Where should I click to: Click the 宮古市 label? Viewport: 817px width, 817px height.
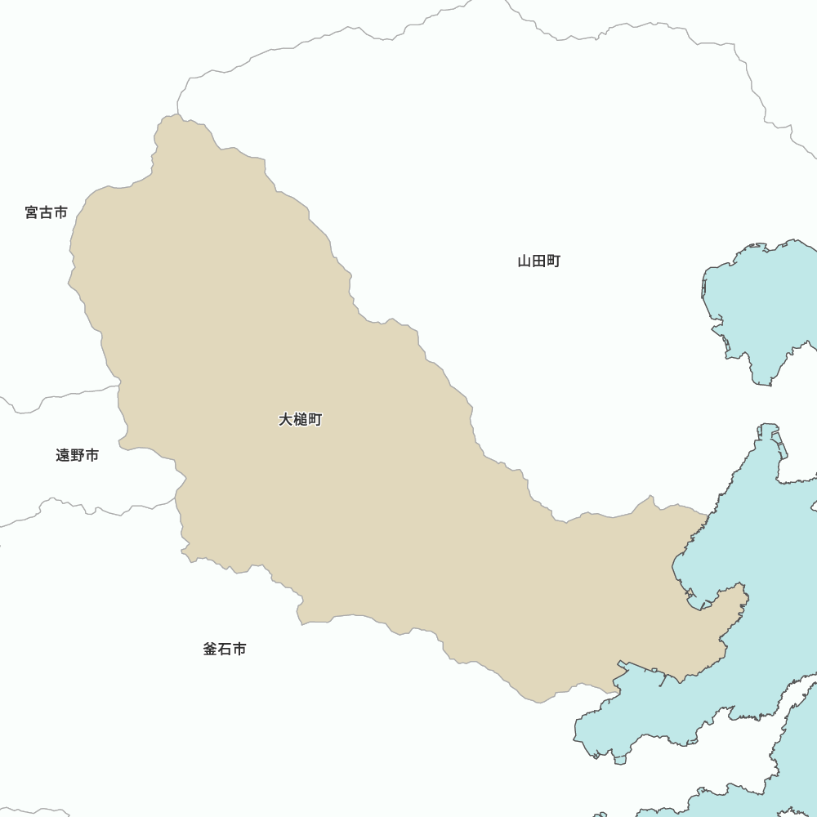pos(46,212)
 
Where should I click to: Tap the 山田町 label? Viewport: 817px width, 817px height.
pos(539,261)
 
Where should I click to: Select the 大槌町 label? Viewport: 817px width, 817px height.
pos(301,420)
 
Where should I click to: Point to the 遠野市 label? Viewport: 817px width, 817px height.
pos(78,455)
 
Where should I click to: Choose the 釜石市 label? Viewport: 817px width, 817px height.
pos(225,650)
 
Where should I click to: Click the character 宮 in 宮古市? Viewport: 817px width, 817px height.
pos(32,212)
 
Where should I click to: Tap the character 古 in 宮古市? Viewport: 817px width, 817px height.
pos(46,212)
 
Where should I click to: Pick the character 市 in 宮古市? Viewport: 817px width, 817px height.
pos(60,212)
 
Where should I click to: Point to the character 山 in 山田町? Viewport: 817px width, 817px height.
pos(525,261)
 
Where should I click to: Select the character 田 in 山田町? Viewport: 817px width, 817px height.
pos(539,261)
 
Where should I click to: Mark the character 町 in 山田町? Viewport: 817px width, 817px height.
pos(554,261)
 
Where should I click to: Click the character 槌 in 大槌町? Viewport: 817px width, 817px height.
pos(301,420)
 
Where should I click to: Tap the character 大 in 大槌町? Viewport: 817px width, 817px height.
pos(286,420)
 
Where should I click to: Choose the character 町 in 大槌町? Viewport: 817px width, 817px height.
pos(315,420)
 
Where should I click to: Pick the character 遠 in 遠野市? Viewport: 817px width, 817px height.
pos(63,455)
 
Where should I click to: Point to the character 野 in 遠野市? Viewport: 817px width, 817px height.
pos(78,455)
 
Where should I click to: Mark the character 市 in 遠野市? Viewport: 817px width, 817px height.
pos(92,455)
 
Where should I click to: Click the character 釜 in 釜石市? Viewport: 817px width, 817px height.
pos(210,650)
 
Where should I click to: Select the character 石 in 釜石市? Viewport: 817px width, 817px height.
pos(225,650)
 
